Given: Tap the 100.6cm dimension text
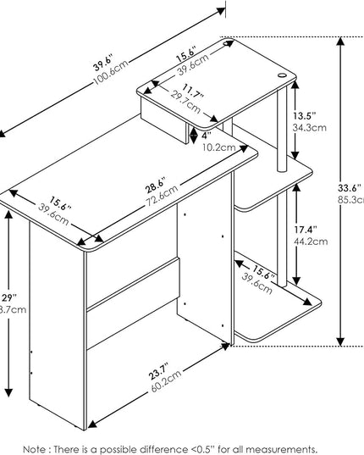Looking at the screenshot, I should [x=109, y=80].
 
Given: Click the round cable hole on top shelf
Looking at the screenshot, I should [x=282, y=75].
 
